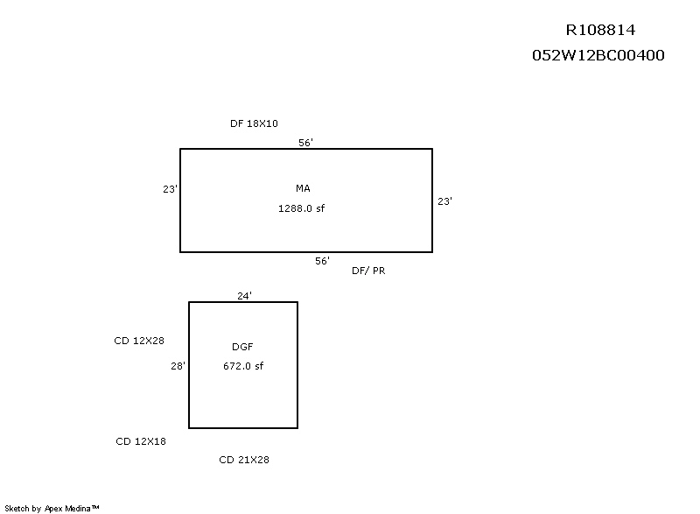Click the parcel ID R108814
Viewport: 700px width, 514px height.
point(600,30)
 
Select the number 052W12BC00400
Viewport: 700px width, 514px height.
point(598,55)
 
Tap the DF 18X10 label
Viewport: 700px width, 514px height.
point(254,124)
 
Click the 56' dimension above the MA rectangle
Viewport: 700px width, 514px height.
point(305,142)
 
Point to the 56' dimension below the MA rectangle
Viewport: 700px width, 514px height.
point(322,261)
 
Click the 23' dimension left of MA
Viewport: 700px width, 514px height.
point(170,188)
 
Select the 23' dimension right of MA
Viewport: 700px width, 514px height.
point(444,201)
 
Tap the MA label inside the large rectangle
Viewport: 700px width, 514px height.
point(303,188)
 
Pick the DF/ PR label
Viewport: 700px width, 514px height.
point(368,271)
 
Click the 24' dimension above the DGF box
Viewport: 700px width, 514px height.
point(245,296)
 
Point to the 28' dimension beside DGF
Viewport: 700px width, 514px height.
point(178,367)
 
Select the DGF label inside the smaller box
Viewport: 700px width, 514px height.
point(242,348)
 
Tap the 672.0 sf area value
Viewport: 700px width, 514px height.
point(243,366)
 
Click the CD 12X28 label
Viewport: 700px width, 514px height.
point(139,341)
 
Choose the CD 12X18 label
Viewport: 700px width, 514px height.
point(141,441)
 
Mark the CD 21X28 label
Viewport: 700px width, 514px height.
point(243,460)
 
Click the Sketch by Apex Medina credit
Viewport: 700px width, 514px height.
point(52,507)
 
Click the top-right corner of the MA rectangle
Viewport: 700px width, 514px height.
point(432,149)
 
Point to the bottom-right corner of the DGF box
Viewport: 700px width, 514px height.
point(297,428)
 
